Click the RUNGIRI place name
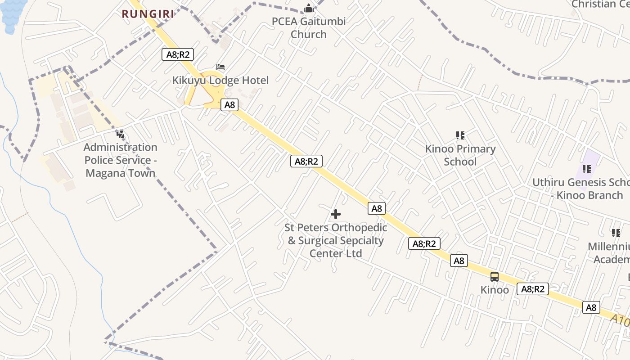point(148,14)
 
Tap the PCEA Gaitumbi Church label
point(309,28)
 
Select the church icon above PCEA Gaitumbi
point(309,8)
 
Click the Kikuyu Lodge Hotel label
point(220,81)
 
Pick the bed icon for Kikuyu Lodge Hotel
point(220,67)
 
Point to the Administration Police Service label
point(120,160)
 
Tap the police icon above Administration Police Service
point(120,134)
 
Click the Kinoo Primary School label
point(460,155)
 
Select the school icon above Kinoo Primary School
point(460,135)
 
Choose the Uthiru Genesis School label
point(580,189)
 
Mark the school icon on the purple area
point(586,169)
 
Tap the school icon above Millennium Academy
point(616,233)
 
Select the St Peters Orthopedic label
point(336,240)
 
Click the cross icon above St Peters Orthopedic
point(336,214)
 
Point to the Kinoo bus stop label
point(495,290)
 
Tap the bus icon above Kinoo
point(495,277)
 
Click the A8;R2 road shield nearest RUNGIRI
point(177,55)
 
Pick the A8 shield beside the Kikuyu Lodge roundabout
point(229,105)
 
